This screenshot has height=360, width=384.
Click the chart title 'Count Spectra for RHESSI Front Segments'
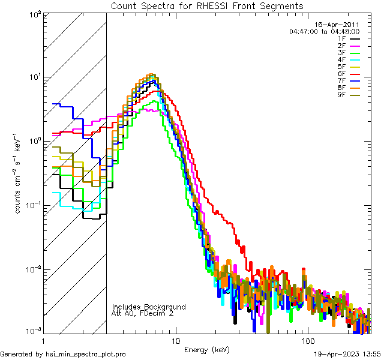[x=207, y=6]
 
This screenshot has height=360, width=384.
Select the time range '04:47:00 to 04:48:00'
[x=324, y=31]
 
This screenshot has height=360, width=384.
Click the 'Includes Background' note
[x=149, y=307]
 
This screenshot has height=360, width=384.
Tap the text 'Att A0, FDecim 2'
[x=143, y=313]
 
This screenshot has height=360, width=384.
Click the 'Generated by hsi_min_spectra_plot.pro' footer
[x=63, y=355]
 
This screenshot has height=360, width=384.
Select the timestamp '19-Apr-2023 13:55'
[x=346, y=355]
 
